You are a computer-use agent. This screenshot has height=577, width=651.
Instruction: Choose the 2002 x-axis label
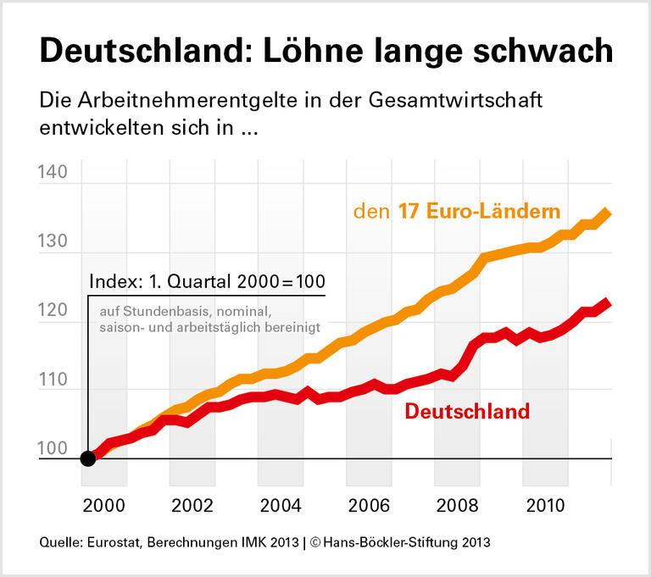(192, 506)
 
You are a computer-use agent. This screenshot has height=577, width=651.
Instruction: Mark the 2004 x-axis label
(281, 506)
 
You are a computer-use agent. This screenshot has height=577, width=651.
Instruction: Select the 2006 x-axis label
(369, 506)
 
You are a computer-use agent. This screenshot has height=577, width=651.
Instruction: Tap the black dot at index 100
(87, 458)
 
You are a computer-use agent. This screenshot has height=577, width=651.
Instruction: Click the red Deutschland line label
(467, 412)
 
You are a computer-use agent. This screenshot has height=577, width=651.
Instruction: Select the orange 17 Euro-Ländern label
(458, 211)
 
